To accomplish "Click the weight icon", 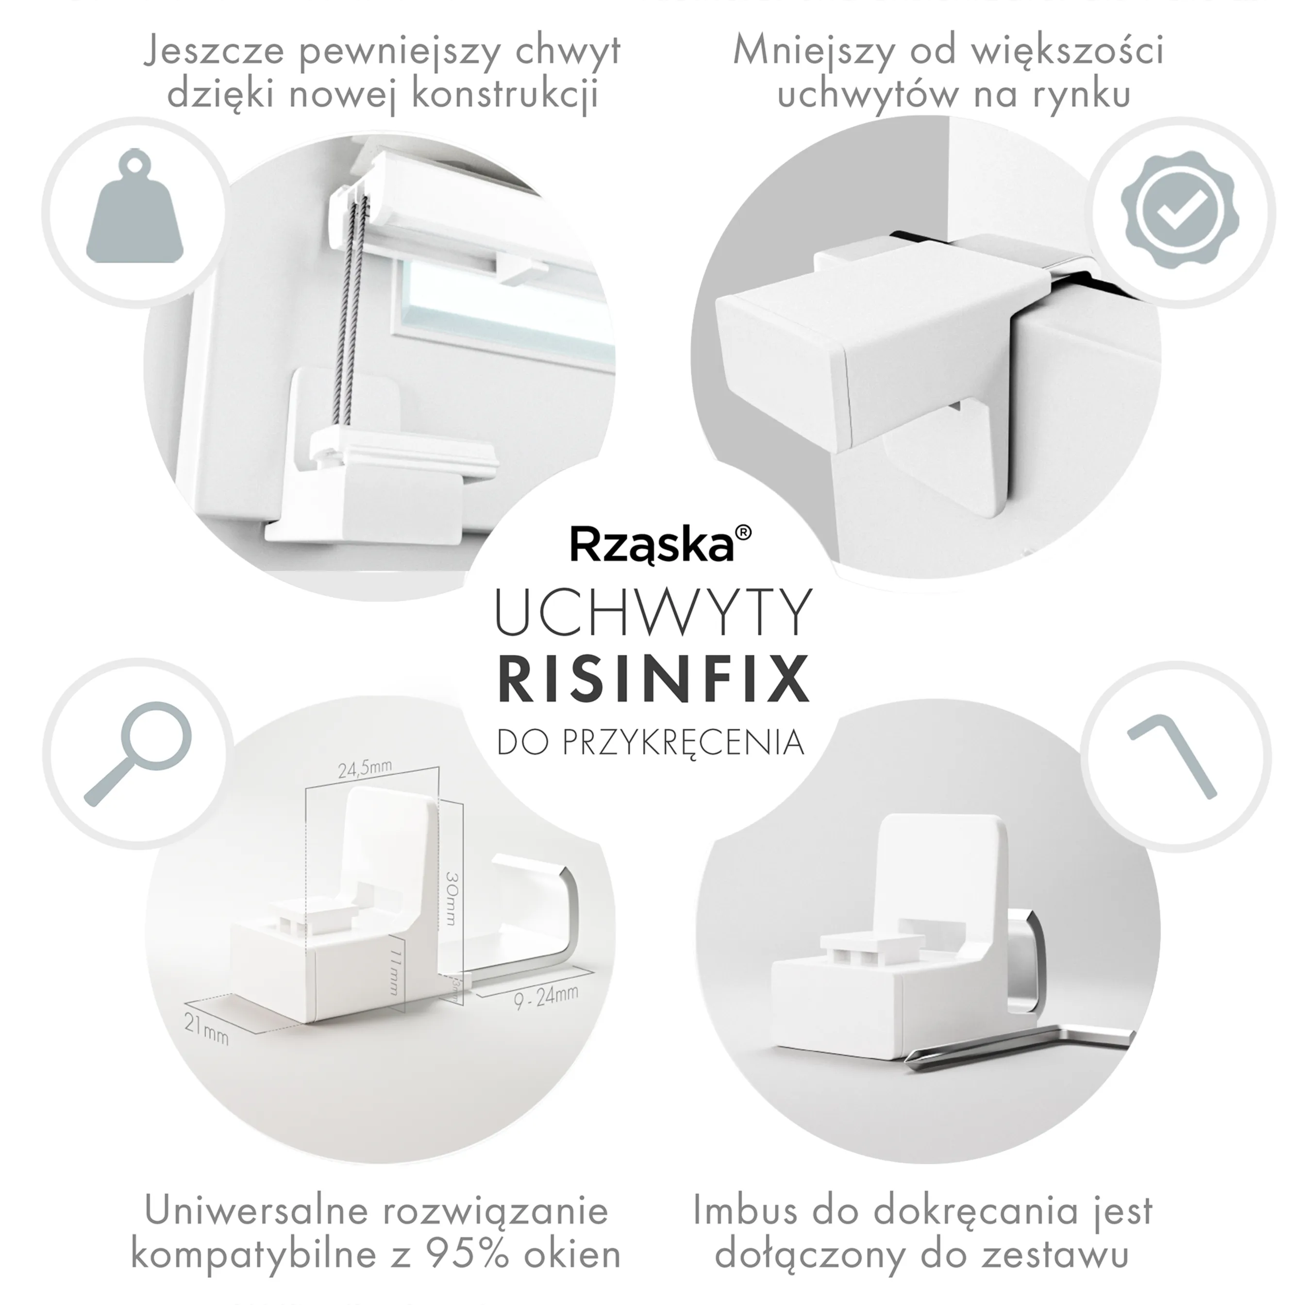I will [135, 209].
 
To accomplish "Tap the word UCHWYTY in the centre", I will [653, 613].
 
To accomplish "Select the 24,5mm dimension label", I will [365, 770].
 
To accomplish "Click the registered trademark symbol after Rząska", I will [742, 533].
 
